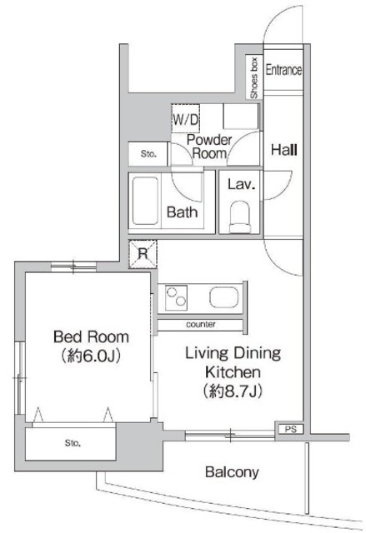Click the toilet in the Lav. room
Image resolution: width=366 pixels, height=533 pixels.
click(240, 217)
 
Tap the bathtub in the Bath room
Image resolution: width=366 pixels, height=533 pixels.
click(145, 201)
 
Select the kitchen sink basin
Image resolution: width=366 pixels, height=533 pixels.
click(224, 297)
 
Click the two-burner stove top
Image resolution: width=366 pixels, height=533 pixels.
click(176, 297)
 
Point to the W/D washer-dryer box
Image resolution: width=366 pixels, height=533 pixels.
click(185, 118)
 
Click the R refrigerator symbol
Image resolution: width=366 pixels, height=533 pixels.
click(143, 253)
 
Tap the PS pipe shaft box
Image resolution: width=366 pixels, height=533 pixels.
click(290, 429)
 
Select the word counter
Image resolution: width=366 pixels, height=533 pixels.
click(201, 324)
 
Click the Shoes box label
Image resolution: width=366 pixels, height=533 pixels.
click(254, 78)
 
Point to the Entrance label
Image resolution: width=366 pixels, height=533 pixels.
click(283, 70)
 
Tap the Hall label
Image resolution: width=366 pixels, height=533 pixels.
click(284, 150)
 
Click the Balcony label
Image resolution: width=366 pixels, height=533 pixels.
click(232, 472)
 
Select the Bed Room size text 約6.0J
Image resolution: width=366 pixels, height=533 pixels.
click(91, 356)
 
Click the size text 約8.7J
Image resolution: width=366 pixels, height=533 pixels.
click(233, 391)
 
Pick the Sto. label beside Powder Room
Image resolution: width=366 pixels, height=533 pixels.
click(148, 154)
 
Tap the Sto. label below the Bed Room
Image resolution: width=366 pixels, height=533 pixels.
click(73, 443)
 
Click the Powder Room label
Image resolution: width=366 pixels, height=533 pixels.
click(209, 147)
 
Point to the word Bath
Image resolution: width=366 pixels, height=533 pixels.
click(182, 212)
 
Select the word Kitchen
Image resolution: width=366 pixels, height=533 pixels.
click(233, 372)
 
